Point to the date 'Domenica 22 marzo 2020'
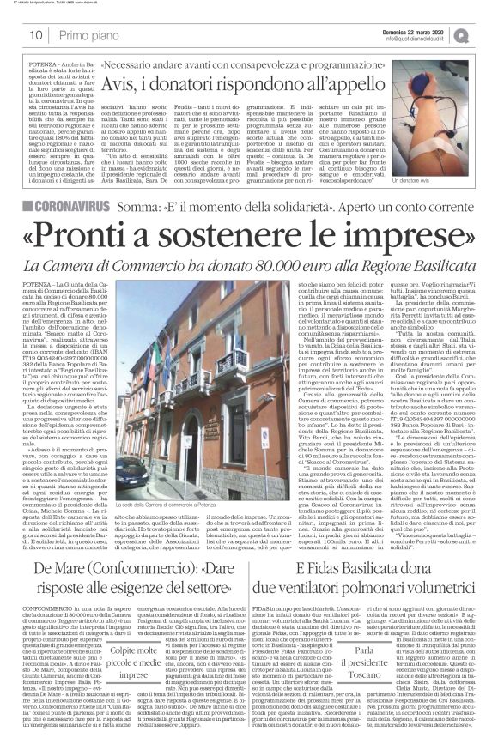point(421,30)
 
